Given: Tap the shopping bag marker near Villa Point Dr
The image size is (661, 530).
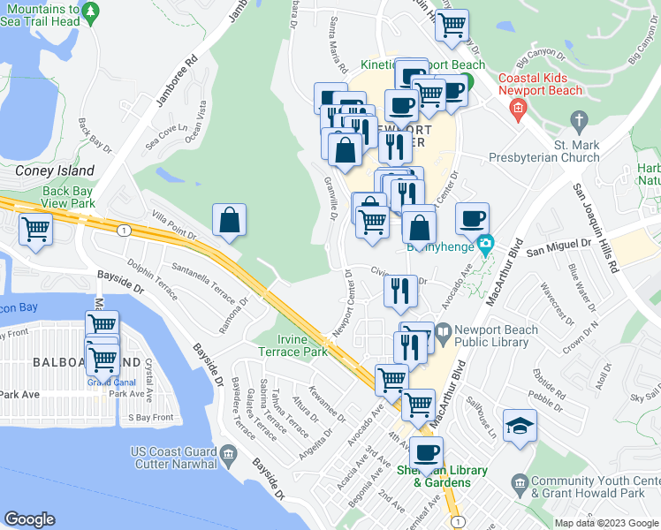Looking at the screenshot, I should (x=229, y=221).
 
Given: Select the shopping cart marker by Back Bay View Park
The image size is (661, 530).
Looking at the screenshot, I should (x=36, y=229).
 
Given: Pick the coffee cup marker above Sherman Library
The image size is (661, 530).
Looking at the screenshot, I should (x=428, y=452).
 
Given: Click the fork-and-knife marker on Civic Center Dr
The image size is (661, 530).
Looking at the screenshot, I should (x=400, y=291).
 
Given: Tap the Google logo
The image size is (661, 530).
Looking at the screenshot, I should (x=30, y=519).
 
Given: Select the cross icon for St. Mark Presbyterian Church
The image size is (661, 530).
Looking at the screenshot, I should (x=579, y=119).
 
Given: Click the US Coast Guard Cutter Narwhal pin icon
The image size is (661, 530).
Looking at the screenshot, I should (x=229, y=456).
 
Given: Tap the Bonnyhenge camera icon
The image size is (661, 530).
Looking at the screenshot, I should (x=484, y=244).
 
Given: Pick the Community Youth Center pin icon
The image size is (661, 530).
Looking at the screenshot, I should (x=521, y=483).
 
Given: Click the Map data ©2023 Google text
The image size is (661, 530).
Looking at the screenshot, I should (x=605, y=523).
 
